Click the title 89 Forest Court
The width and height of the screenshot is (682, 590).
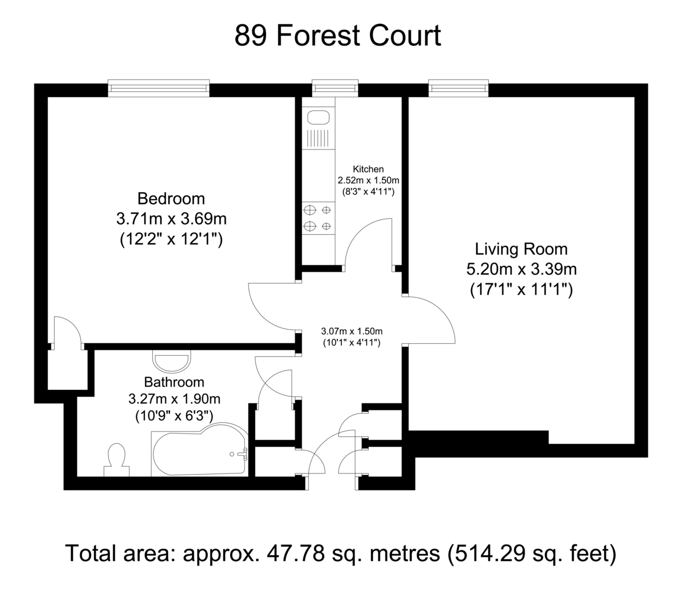[337, 36]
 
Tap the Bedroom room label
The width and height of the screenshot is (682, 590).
[171, 198]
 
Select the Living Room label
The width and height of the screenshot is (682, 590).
[521, 249]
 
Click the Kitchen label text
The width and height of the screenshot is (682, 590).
[368, 169]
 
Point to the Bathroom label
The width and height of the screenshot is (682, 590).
[174, 382]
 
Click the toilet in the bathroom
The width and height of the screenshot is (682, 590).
[117, 460]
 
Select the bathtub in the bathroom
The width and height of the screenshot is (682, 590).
[199, 450]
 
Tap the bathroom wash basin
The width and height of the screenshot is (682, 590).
[172, 361]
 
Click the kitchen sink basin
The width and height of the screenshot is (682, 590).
[318, 118]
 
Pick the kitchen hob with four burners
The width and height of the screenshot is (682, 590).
[318, 218]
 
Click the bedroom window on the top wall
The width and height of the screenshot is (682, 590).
[159, 88]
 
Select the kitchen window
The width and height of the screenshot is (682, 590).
[335, 88]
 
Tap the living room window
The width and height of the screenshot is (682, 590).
[459, 88]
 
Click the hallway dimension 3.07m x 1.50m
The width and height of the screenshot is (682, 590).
[352, 331]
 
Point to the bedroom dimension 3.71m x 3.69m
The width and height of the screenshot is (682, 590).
[172, 219]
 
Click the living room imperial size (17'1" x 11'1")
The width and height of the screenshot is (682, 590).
[521, 290]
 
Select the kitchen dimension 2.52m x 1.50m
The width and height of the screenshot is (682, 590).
[368, 181]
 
